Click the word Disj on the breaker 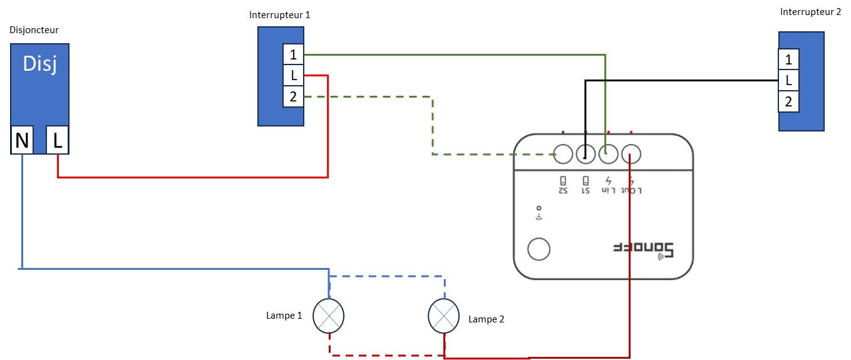(39, 64)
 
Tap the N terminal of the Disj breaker (22, 141)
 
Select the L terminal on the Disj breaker (58, 141)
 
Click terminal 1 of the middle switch (293, 54)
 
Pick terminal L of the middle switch (293, 76)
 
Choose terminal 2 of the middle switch (293, 97)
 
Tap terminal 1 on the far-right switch (788, 59)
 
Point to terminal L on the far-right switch (788, 81)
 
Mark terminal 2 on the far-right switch (788, 102)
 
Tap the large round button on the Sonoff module (539, 249)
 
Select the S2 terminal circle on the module (564, 153)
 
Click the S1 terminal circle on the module (586, 153)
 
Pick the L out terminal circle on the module (631, 153)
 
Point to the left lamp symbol (329, 316)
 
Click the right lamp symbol (443, 316)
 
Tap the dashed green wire (432, 125)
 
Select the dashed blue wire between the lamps (387, 276)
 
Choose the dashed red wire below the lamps (387, 356)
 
